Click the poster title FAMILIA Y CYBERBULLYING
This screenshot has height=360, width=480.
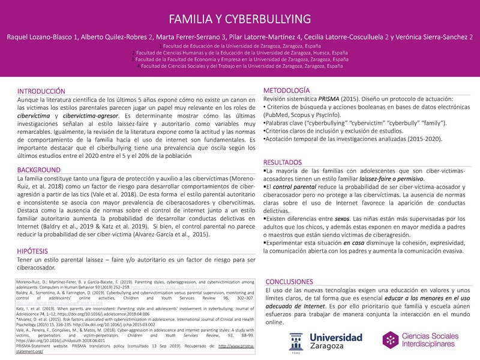coord(239,17)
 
